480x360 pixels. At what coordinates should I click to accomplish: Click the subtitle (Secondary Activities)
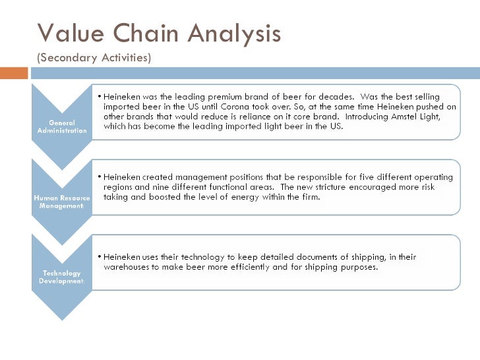pos(94,57)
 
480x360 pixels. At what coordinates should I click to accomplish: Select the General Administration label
pos(62,126)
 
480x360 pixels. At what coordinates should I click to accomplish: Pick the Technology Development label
pos(62,277)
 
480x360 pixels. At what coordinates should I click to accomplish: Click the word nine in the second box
pos(160,187)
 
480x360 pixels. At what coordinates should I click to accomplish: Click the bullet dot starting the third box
pos(98,257)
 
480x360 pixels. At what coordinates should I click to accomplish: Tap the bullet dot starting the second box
pos(98,177)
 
